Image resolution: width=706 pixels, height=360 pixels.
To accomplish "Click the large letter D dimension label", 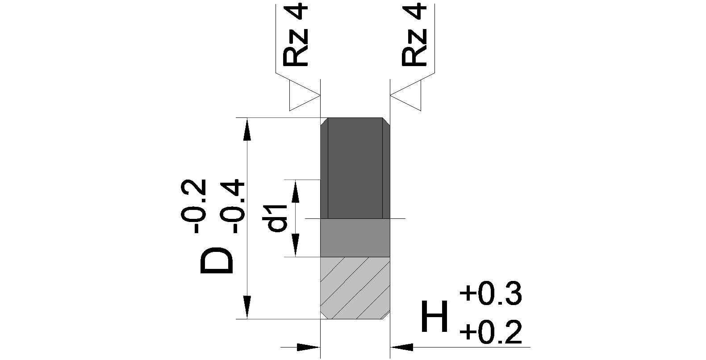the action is pos(217,261).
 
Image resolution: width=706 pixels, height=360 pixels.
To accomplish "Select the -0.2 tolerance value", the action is pos(193,206).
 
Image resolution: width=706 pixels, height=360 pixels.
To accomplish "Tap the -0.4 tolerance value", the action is pos(232,206).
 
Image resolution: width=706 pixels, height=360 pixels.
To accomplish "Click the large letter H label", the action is pos(434,317).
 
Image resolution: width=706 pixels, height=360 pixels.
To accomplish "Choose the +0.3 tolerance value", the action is pos(491,293).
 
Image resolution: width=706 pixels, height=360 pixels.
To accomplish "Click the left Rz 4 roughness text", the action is pos(295,35).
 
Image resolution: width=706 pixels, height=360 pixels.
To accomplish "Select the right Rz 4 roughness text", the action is pos(414,35).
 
